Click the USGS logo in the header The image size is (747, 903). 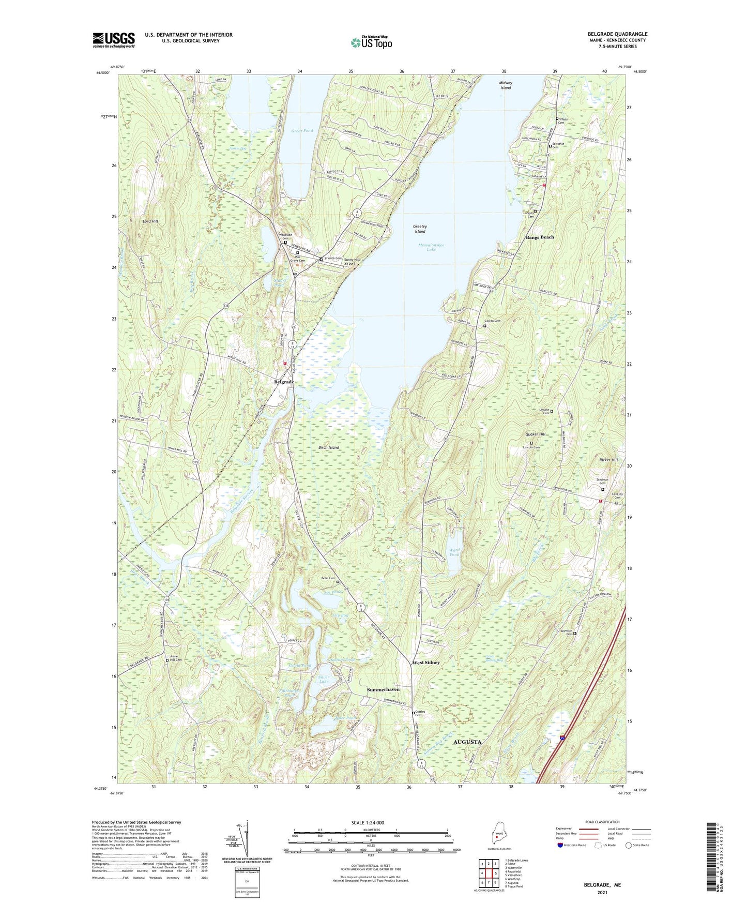pos(114,40)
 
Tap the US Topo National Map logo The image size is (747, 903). pos(371,42)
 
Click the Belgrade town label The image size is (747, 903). pos(284,382)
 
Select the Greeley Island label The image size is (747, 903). pos(420,229)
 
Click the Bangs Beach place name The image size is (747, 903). pos(540,237)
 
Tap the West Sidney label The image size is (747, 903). pos(426,663)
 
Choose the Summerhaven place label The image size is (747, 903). pos(383,689)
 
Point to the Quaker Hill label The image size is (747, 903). pos(535,434)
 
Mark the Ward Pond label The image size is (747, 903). pos(454,552)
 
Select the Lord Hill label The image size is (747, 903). pos(150,221)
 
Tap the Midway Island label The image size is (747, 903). pos(506,85)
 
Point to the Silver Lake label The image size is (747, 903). pos(324,679)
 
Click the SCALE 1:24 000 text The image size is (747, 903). pos(368,823)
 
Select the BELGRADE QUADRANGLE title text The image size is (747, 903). pos(617,34)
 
